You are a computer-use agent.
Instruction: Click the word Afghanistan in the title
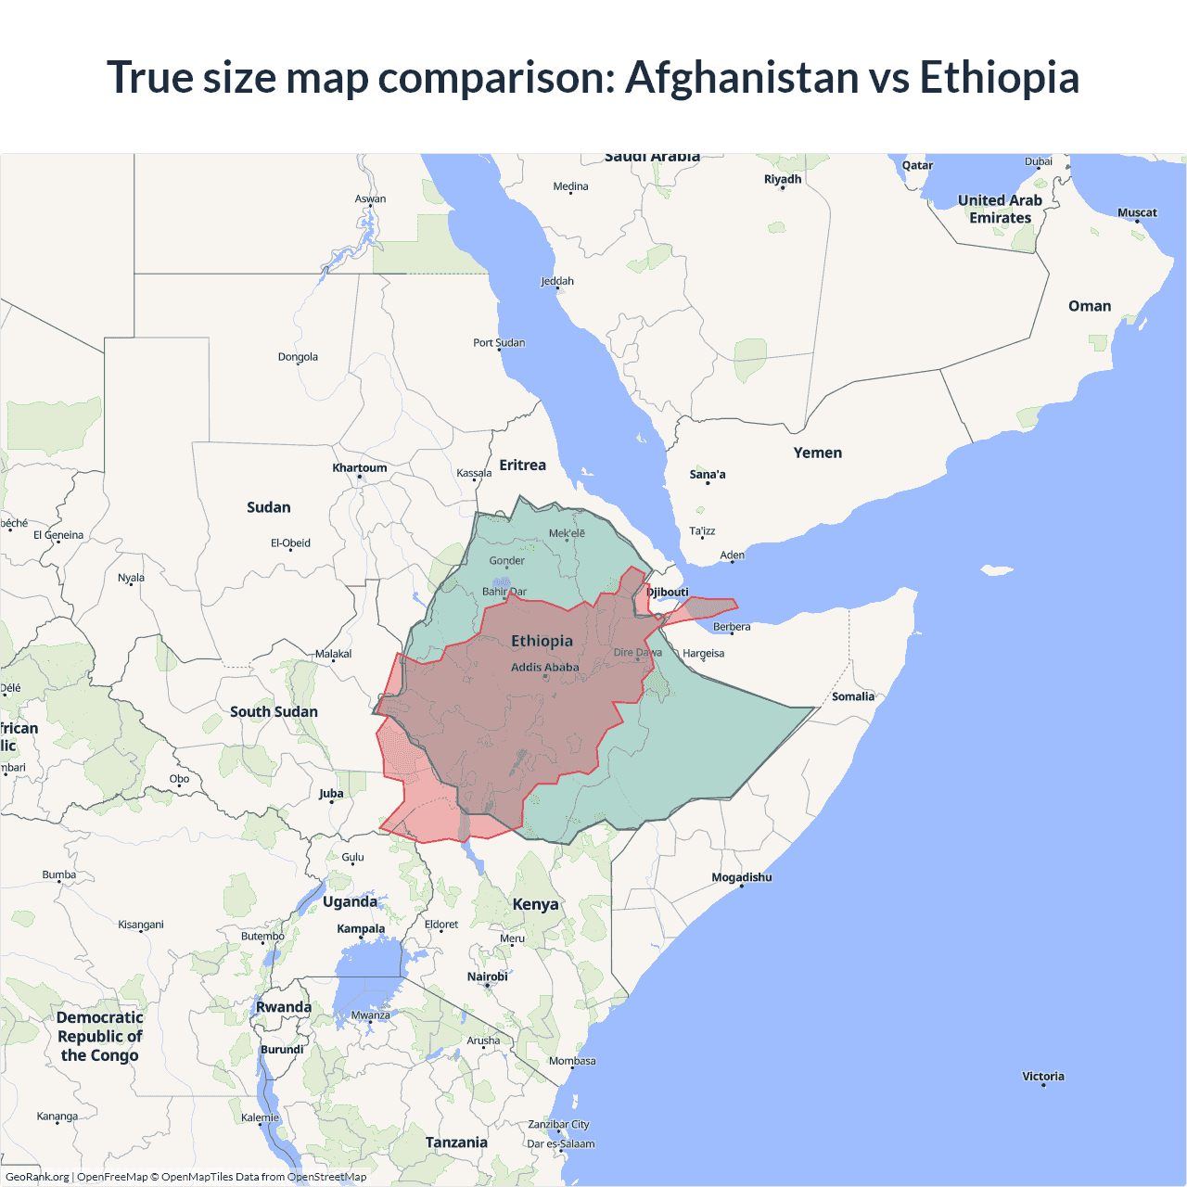point(743,77)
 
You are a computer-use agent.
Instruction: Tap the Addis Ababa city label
point(545,667)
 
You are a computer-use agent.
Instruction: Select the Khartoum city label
point(360,467)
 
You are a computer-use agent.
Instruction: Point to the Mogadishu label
point(742,877)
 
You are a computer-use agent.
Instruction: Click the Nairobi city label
point(488,976)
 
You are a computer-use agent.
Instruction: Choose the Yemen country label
point(818,453)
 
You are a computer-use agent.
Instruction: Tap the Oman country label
point(1090,306)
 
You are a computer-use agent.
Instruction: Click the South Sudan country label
point(274,711)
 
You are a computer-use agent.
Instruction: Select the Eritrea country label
point(523,465)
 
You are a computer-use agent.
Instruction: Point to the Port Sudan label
point(499,342)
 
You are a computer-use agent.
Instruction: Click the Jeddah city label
point(557,281)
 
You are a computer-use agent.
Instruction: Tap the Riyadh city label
point(783,179)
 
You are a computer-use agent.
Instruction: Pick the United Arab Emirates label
point(1000,209)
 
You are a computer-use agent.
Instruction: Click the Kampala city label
point(361,928)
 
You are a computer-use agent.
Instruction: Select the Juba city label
point(331,793)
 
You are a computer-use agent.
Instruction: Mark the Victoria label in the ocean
point(1043,1076)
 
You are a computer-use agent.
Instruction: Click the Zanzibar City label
point(558,1124)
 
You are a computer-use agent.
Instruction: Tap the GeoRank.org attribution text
point(37,1177)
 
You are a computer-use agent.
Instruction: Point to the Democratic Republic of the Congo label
point(100,1036)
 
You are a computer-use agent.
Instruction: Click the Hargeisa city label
point(704,653)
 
